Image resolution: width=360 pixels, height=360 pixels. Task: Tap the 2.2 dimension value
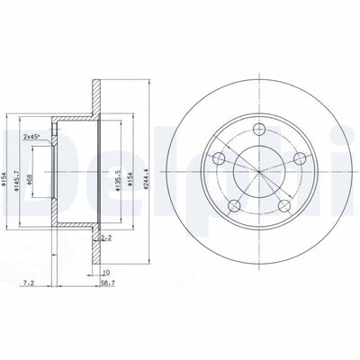point(106,238)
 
